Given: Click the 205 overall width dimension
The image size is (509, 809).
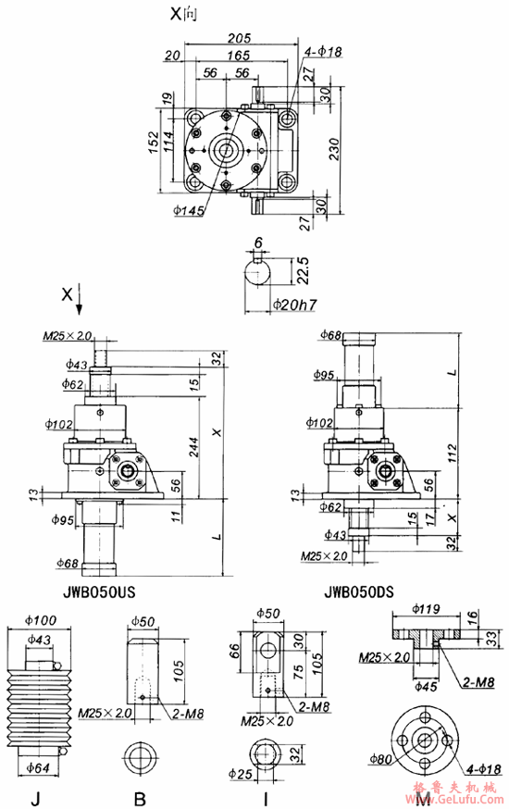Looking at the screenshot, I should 241,38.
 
